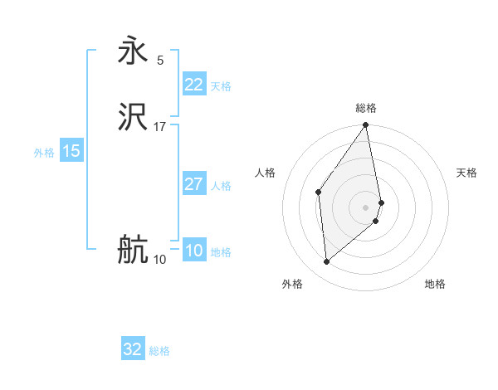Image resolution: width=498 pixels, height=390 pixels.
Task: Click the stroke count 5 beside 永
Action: click(x=160, y=60)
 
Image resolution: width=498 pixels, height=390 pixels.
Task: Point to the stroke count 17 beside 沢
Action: click(x=160, y=127)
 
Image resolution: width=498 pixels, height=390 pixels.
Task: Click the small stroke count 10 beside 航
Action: click(x=160, y=260)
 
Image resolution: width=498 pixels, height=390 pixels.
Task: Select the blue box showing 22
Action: click(x=194, y=85)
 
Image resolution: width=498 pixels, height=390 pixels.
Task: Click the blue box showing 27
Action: click(x=194, y=184)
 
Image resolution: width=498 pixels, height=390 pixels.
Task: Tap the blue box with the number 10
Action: click(x=194, y=251)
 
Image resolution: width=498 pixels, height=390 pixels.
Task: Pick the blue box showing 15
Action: click(x=71, y=151)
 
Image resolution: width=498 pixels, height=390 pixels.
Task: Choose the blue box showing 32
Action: click(x=133, y=349)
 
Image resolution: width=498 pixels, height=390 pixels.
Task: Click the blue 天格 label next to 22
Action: click(x=221, y=86)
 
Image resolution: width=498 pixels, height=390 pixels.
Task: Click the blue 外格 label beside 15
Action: click(x=44, y=153)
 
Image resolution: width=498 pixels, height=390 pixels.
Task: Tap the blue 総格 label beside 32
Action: click(x=160, y=351)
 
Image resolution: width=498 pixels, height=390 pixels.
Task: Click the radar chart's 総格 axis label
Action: click(x=366, y=108)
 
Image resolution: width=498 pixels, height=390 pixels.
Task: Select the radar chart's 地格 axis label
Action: click(x=435, y=284)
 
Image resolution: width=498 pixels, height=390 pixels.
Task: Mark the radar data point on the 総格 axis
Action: click(x=366, y=126)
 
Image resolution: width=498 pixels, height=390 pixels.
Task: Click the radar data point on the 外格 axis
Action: click(x=327, y=262)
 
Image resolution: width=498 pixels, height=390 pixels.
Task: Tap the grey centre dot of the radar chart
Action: click(x=366, y=207)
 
